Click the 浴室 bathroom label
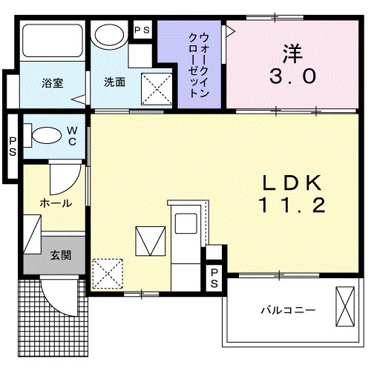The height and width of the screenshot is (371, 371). pyautogui.click(x=52, y=82)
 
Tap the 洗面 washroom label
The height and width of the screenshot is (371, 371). pyautogui.click(x=114, y=82)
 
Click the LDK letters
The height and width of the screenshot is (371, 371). pyautogui.click(x=292, y=182)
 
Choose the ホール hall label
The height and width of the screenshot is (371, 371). pyautogui.click(x=56, y=203)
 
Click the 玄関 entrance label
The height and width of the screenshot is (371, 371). pyautogui.click(x=60, y=256)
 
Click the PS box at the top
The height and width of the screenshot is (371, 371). pyautogui.click(x=141, y=30)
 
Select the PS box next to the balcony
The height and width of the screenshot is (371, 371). pyautogui.click(x=214, y=278)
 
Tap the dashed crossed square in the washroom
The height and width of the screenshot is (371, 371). pyautogui.click(x=157, y=92)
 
